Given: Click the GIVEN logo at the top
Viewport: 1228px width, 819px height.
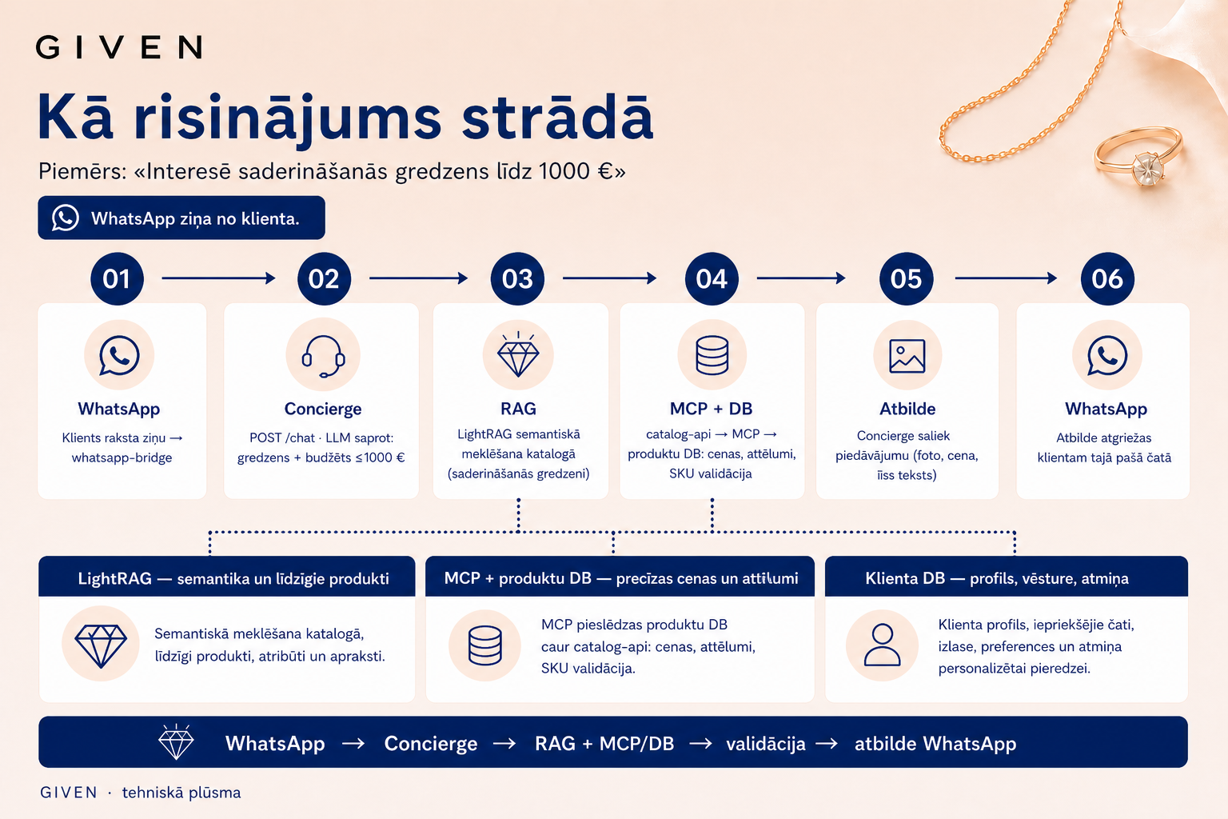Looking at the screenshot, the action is (x=119, y=47).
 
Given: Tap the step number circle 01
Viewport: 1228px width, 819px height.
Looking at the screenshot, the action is (x=117, y=278).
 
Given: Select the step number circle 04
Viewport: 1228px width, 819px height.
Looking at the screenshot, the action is (x=712, y=278).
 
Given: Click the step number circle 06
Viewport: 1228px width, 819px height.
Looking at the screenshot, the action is (x=1106, y=278).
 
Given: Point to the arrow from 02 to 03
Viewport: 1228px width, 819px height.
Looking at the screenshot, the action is (x=418, y=278).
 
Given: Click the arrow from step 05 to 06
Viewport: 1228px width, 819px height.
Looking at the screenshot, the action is (x=1006, y=278).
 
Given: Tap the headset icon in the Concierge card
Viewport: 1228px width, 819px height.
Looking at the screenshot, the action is (x=324, y=356).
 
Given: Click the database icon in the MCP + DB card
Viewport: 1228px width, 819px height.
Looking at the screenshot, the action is (x=712, y=355).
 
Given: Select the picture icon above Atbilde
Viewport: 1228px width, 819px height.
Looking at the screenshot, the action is (x=907, y=356).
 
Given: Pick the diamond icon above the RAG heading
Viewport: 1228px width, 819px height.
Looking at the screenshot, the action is (x=518, y=354).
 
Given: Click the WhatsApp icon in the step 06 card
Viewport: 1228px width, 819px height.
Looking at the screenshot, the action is (x=1106, y=355).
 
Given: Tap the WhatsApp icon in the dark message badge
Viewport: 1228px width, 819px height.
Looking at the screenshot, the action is (x=66, y=218).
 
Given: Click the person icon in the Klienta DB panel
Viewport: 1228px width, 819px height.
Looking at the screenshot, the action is (x=882, y=645).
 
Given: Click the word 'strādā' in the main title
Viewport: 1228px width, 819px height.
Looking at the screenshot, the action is (x=557, y=118).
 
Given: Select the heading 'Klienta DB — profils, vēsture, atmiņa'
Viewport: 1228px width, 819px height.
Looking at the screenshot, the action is (x=997, y=578).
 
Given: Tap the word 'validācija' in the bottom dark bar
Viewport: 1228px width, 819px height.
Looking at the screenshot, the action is (x=766, y=744).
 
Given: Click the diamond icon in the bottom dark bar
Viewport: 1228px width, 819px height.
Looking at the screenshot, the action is (x=176, y=741).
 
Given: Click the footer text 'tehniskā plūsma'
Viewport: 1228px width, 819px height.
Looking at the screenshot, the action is (x=181, y=793).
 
